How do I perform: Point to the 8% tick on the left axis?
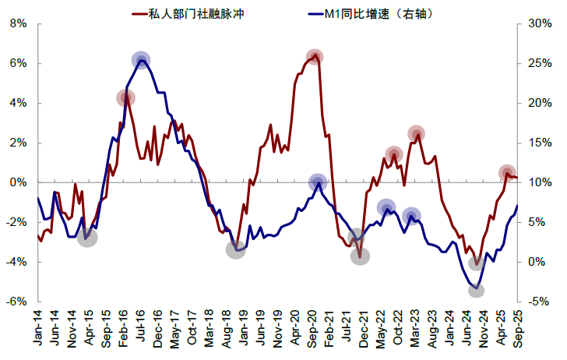point(18,23)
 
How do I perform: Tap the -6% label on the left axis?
point(16,302)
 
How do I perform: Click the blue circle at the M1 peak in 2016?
point(141,60)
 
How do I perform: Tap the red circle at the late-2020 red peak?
point(315,57)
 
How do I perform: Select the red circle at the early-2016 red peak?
point(126,98)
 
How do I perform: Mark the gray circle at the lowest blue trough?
point(477,290)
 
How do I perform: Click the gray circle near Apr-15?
point(88,237)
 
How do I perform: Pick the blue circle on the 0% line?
point(317,182)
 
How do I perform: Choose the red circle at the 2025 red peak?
point(507,173)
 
